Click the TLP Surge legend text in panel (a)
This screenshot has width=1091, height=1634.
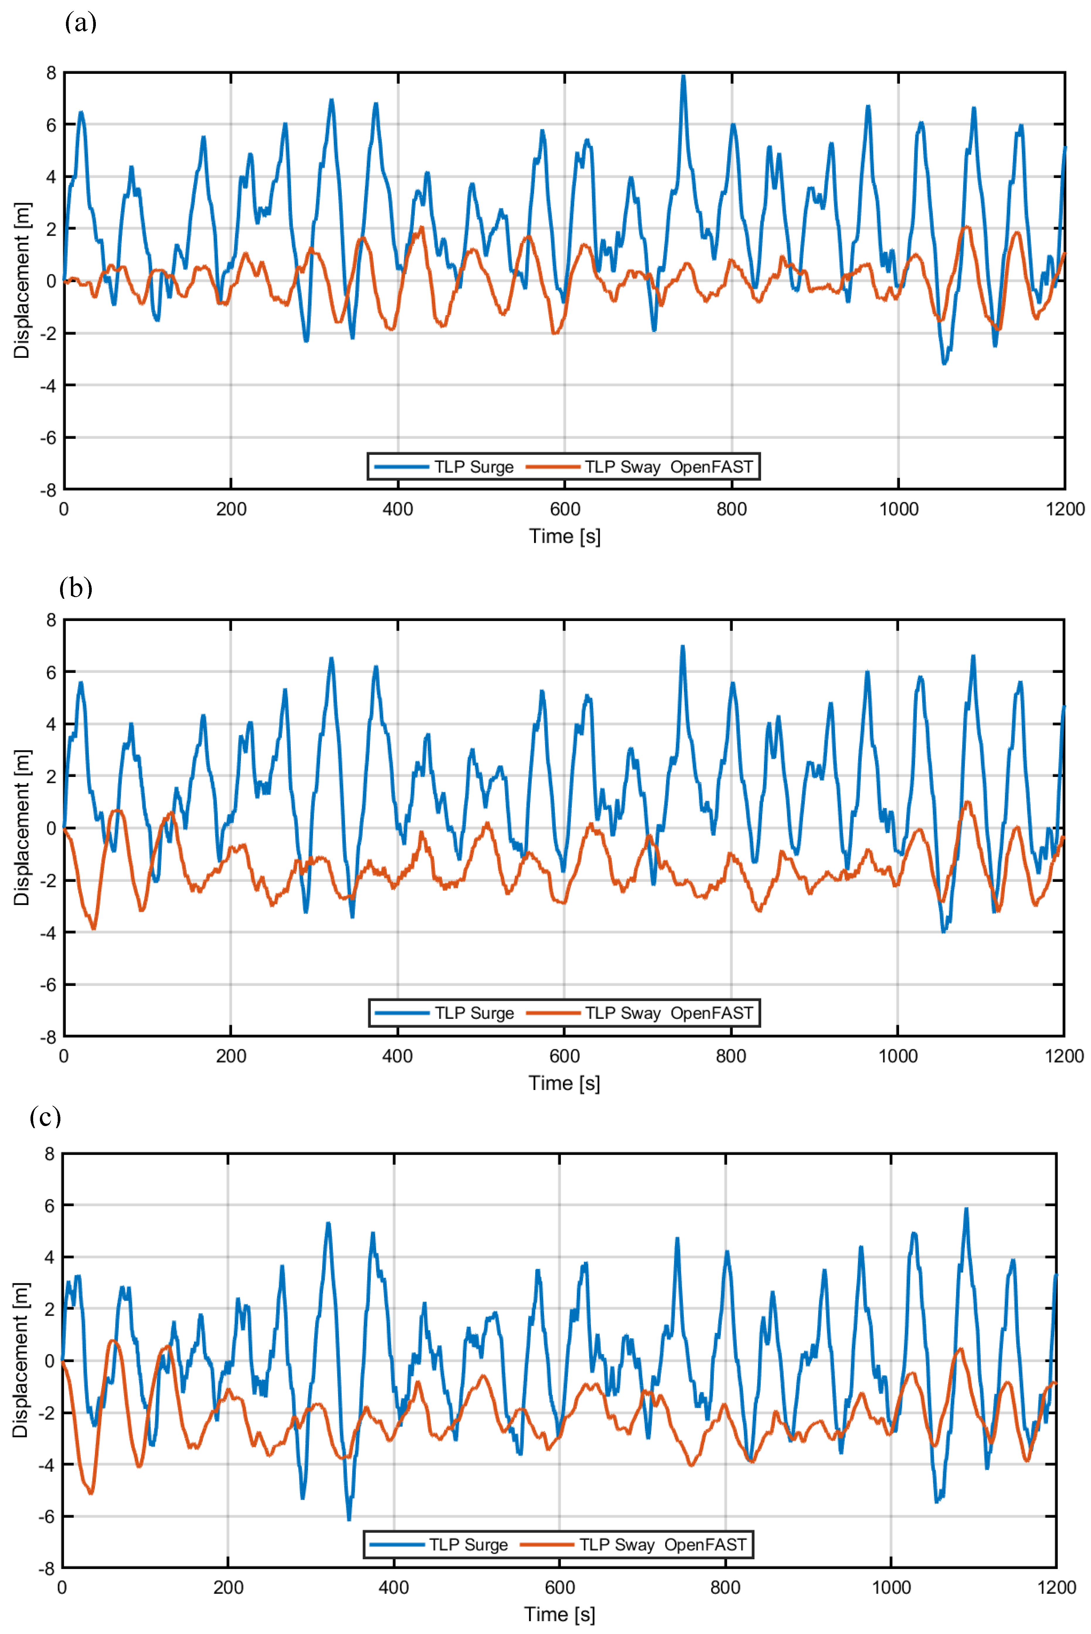[x=474, y=467]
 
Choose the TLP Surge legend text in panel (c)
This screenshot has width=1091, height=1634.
[x=468, y=1544]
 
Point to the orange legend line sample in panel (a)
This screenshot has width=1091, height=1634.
[x=553, y=467]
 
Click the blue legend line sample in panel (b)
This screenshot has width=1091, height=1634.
[x=402, y=1013]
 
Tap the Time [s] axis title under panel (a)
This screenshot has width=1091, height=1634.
[x=564, y=536]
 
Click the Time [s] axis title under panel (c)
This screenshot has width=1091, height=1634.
[x=559, y=1614]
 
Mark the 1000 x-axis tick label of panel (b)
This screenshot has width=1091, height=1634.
[x=898, y=1056]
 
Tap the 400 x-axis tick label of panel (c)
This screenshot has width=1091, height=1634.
[x=394, y=1587]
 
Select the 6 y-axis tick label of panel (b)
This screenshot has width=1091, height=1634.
[x=51, y=672]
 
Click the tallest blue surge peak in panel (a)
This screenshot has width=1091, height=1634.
[x=683, y=76]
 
